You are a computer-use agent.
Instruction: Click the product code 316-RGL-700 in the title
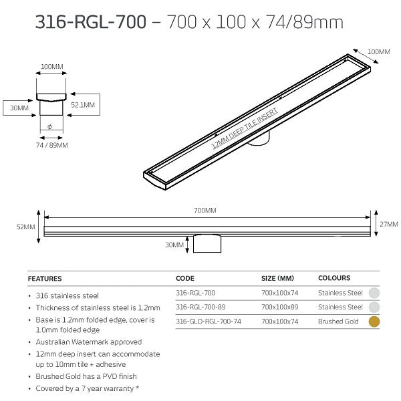90,23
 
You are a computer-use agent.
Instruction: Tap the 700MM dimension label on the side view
206,211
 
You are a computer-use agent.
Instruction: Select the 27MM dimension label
388,225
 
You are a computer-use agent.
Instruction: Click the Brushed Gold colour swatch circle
375,321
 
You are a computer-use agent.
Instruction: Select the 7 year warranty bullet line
82,388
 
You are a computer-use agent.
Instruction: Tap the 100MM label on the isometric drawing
378,51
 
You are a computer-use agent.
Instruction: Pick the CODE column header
185,277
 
